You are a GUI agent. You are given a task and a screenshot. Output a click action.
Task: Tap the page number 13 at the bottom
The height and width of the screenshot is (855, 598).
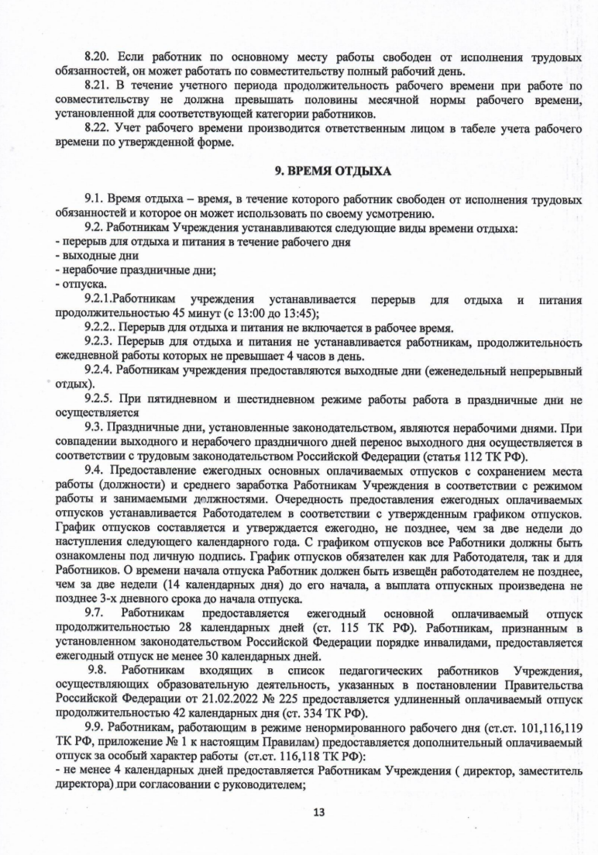point(318,812)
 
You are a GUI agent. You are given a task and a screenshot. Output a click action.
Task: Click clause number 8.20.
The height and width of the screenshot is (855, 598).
point(98,57)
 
